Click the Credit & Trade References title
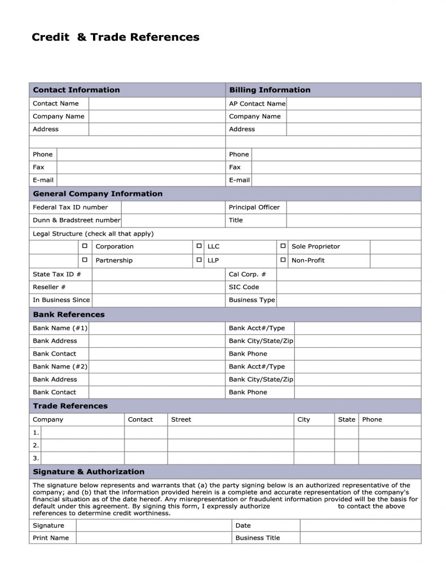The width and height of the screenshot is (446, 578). [116, 38]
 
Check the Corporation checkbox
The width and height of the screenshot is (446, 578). [85, 247]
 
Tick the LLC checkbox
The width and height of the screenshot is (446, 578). [199, 247]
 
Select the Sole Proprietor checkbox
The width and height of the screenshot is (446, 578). [283, 247]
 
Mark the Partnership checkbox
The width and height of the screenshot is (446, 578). [85, 260]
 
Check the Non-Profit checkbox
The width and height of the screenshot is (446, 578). [283, 260]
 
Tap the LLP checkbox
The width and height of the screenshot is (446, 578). [199, 260]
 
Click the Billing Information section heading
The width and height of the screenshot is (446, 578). [270, 90]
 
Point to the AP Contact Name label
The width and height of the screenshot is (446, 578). [257, 104]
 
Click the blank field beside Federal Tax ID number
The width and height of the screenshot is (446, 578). [173, 207]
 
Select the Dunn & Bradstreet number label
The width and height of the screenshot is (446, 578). [77, 220]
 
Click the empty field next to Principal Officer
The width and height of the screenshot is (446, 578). [354, 207]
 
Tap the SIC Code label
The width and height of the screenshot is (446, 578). [244, 287]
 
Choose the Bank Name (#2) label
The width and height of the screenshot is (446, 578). [60, 366]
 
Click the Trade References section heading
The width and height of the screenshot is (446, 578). [70, 406]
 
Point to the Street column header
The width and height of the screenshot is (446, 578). [181, 419]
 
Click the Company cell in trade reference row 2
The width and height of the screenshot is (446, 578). [83, 445]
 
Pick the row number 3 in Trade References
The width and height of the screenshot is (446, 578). [36, 458]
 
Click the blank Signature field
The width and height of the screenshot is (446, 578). [153, 526]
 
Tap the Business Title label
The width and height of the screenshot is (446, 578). [258, 538]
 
